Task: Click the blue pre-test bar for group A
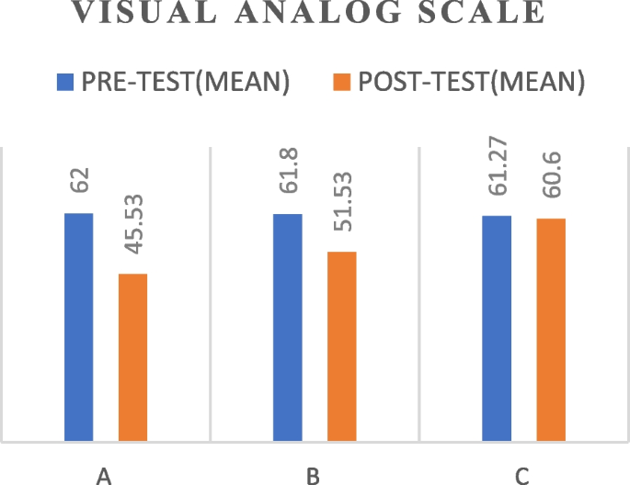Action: coord(78,327)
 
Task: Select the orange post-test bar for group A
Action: coord(132,357)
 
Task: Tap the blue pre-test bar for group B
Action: coord(287,327)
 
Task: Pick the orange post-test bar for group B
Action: coord(341,346)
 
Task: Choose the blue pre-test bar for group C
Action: coord(497,328)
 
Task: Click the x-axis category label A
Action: coord(105,474)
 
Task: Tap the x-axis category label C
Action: coord(522,474)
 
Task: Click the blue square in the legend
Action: coord(64,83)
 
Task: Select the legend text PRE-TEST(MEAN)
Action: coord(187,83)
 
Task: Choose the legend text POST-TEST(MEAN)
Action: coord(472,83)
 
